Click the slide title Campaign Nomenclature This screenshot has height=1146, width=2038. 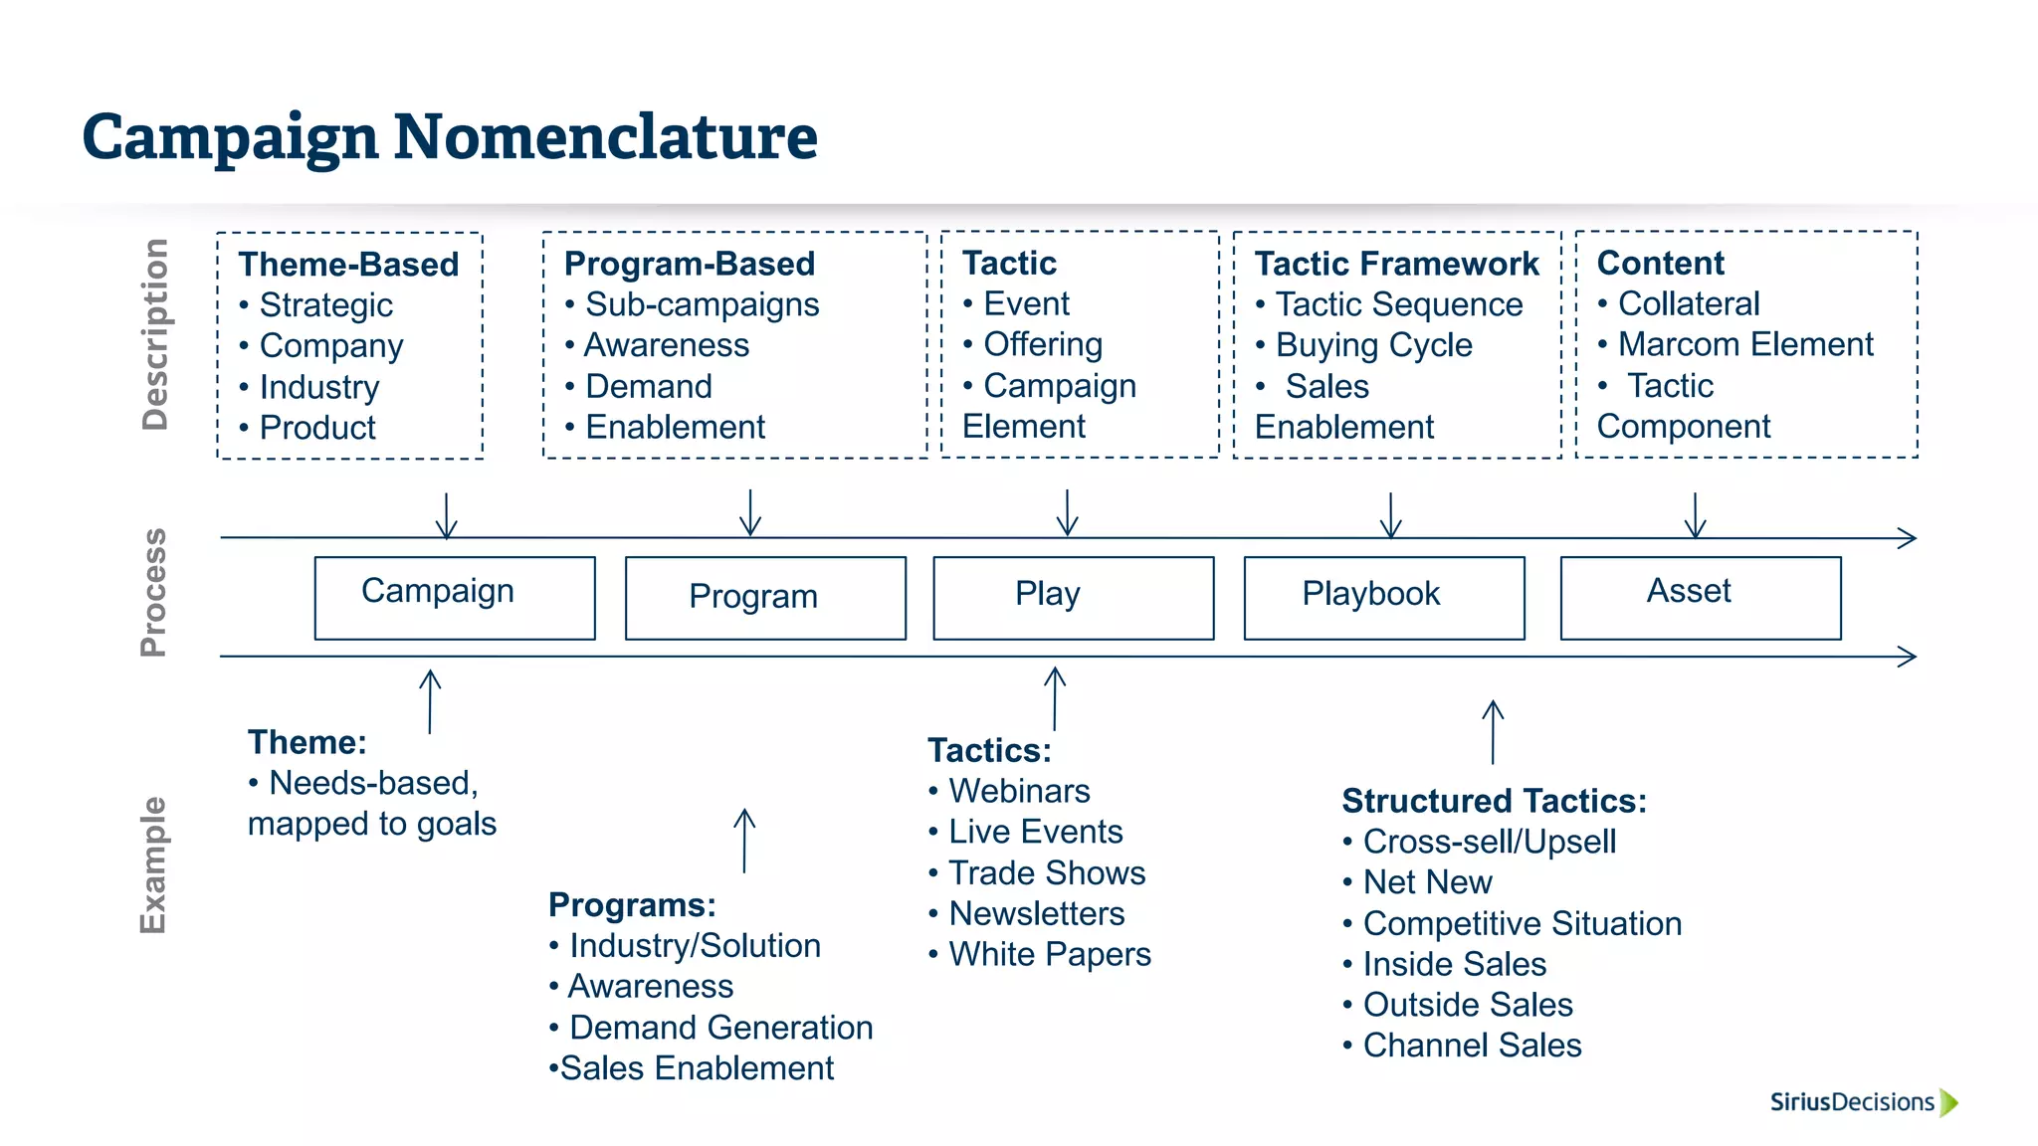(x=450, y=136)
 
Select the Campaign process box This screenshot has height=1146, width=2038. (x=455, y=597)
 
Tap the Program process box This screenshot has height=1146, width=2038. (x=765, y=597)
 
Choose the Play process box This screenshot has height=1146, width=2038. (x=1073, y=597)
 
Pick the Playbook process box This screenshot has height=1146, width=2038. (x=1383, y=597)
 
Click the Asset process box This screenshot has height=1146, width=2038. (x=1700, y=597)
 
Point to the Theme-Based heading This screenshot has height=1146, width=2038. (x=348, y=265)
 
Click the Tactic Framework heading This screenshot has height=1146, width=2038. (x=1396, y=264)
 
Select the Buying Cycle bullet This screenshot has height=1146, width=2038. (x=1373, y=345)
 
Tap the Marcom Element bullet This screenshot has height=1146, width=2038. (x=1744, y=344)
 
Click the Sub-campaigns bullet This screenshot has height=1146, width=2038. (x=702, y=304)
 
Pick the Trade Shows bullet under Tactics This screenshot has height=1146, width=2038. (x=1046, y=872)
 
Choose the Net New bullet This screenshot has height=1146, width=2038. (x=1427, y=882)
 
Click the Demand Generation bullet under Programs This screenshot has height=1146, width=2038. (x=720, y=1027)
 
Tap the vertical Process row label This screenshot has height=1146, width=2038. (x=153, y=593)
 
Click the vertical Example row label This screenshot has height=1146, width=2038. (x=153, y=864)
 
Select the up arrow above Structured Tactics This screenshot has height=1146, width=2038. (x=1493, y=731)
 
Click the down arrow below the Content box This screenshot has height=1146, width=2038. (x=1695, y=514)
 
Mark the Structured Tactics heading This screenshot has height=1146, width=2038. (x=1494, y=801)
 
